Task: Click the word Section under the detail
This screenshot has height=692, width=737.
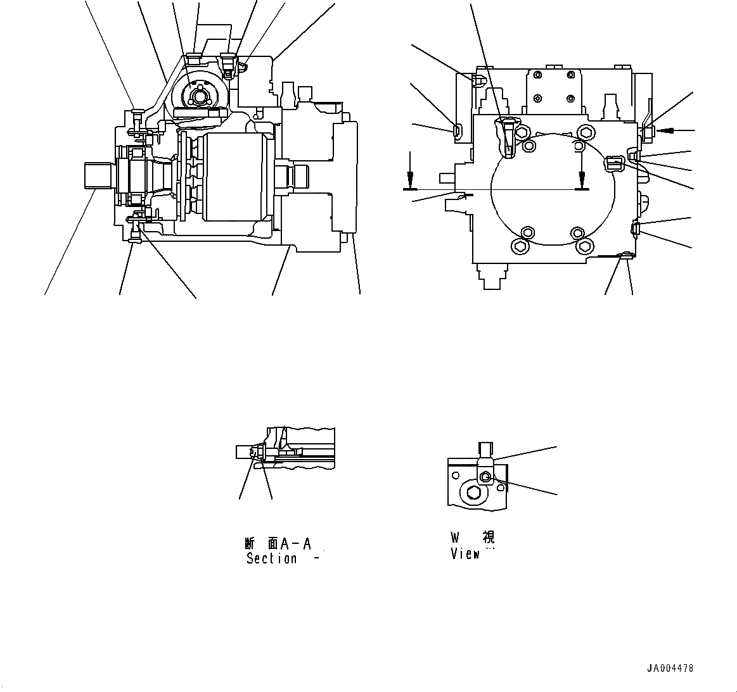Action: [x=271, y=559]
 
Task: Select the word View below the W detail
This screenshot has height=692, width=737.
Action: [x=465, y=554]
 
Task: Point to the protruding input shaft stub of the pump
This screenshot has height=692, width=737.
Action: [x=98, y=175]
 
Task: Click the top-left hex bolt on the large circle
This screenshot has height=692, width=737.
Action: [x=523, y=132]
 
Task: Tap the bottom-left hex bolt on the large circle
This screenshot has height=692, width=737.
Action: [x=520, y=246]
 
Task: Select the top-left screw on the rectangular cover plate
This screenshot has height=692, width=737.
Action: [x=537, y=75]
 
